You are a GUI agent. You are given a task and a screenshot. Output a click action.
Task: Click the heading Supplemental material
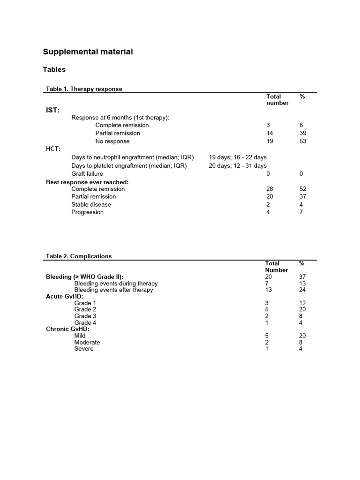pyautogui.click(x=88, y=52)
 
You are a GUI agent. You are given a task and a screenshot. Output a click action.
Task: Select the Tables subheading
pyautogui.click(x=54, y=70)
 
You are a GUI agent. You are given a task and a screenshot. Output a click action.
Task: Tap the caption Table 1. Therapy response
pyautogui.click(x=84, y=89)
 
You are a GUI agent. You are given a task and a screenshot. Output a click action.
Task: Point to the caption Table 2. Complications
pyautogui.click(x=79, y=256)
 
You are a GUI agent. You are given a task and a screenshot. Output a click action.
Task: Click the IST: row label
pyautogui.click(x=52, y=110)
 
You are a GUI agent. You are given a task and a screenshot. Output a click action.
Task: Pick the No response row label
pyautogui.click(x=112, y=141)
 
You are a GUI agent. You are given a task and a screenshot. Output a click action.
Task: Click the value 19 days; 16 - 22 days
pyautogui.click(x=238, y=157)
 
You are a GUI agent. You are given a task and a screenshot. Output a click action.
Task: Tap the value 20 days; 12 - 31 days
pyautogui.click(x=238, y=165)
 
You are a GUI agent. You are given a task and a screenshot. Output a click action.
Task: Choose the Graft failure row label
pyautogui.click(x=87, y=173)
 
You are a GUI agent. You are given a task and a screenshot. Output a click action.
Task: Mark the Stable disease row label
pyautogui.click(x=91, y=204)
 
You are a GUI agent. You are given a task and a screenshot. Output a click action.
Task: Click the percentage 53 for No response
pyautogui.click(x=302, y=141)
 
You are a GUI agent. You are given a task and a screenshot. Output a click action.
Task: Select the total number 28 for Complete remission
pyautogui.click(x=270, y=189)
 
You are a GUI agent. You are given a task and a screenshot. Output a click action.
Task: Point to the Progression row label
pyautogui.click(x=88, y=212)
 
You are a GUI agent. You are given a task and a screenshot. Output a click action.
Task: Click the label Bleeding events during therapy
pyautogui.click(x=116, y=284)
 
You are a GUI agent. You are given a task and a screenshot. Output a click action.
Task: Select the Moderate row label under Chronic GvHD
pyautogui.click(x=87, y=342)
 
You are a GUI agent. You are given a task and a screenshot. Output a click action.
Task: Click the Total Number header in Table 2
pyautogui.click(x=277, y=267)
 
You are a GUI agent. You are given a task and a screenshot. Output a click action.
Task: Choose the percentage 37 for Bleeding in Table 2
pyautogui.click(x=302, y=277)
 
